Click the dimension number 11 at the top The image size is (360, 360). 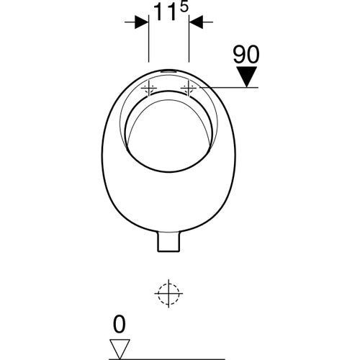click(165, 12)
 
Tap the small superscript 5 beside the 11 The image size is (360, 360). click(184, 7)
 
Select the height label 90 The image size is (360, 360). click(246, 55)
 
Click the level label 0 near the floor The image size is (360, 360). click(119, 325)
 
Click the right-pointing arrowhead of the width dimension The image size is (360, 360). click(141, 22)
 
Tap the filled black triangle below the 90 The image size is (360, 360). click(247, 76)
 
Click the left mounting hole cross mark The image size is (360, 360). click(149, 89)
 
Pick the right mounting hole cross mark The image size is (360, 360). click(189, 89)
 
